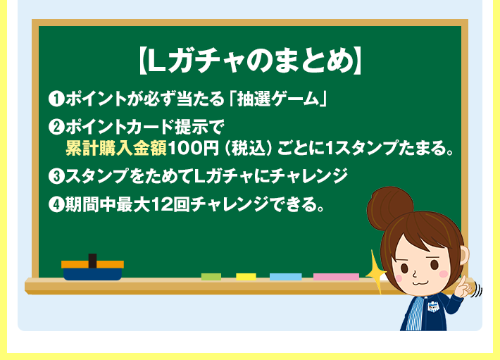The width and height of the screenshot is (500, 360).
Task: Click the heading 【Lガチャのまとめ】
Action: tap(249, 61)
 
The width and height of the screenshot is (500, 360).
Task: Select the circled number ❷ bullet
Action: tap(56, 127)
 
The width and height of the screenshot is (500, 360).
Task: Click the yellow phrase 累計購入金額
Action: tap(117, 149)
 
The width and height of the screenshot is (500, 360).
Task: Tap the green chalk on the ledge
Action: tap(211, 277)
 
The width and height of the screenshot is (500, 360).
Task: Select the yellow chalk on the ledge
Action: tap(246, 277)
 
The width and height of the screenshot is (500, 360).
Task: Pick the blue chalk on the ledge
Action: tap(285, 277)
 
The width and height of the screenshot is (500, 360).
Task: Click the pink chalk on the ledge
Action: tap(336, 277)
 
